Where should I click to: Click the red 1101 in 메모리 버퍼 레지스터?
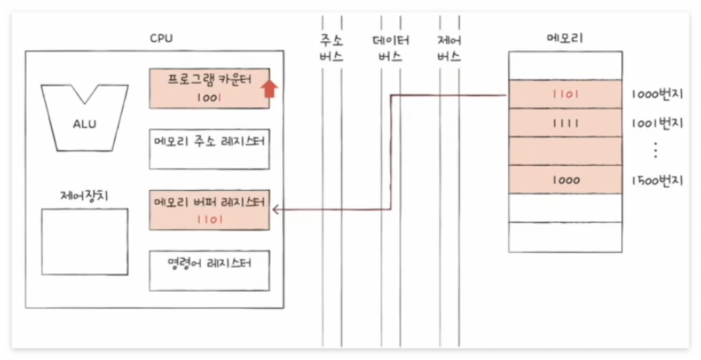[x=209, y=220]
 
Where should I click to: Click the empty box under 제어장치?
[x=85, y=241]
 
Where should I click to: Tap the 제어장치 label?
[x=84, y=194]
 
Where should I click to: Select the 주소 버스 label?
[x=331, y=48]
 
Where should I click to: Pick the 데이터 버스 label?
[x=391, y=48]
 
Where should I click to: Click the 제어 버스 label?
[x=449, y=48]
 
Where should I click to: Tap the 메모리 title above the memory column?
[x=565, y=38]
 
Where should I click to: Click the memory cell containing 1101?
[x=565, y=96]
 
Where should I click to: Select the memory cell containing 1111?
[x=565, y=123]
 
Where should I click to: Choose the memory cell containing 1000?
[x=565, y=179]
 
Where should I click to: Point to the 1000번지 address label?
[x=658, y=96]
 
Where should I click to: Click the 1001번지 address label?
[x=658, y=123]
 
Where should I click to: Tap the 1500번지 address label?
[x=658, y=180]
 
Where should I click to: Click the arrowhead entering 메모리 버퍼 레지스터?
[x=276, y=209]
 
